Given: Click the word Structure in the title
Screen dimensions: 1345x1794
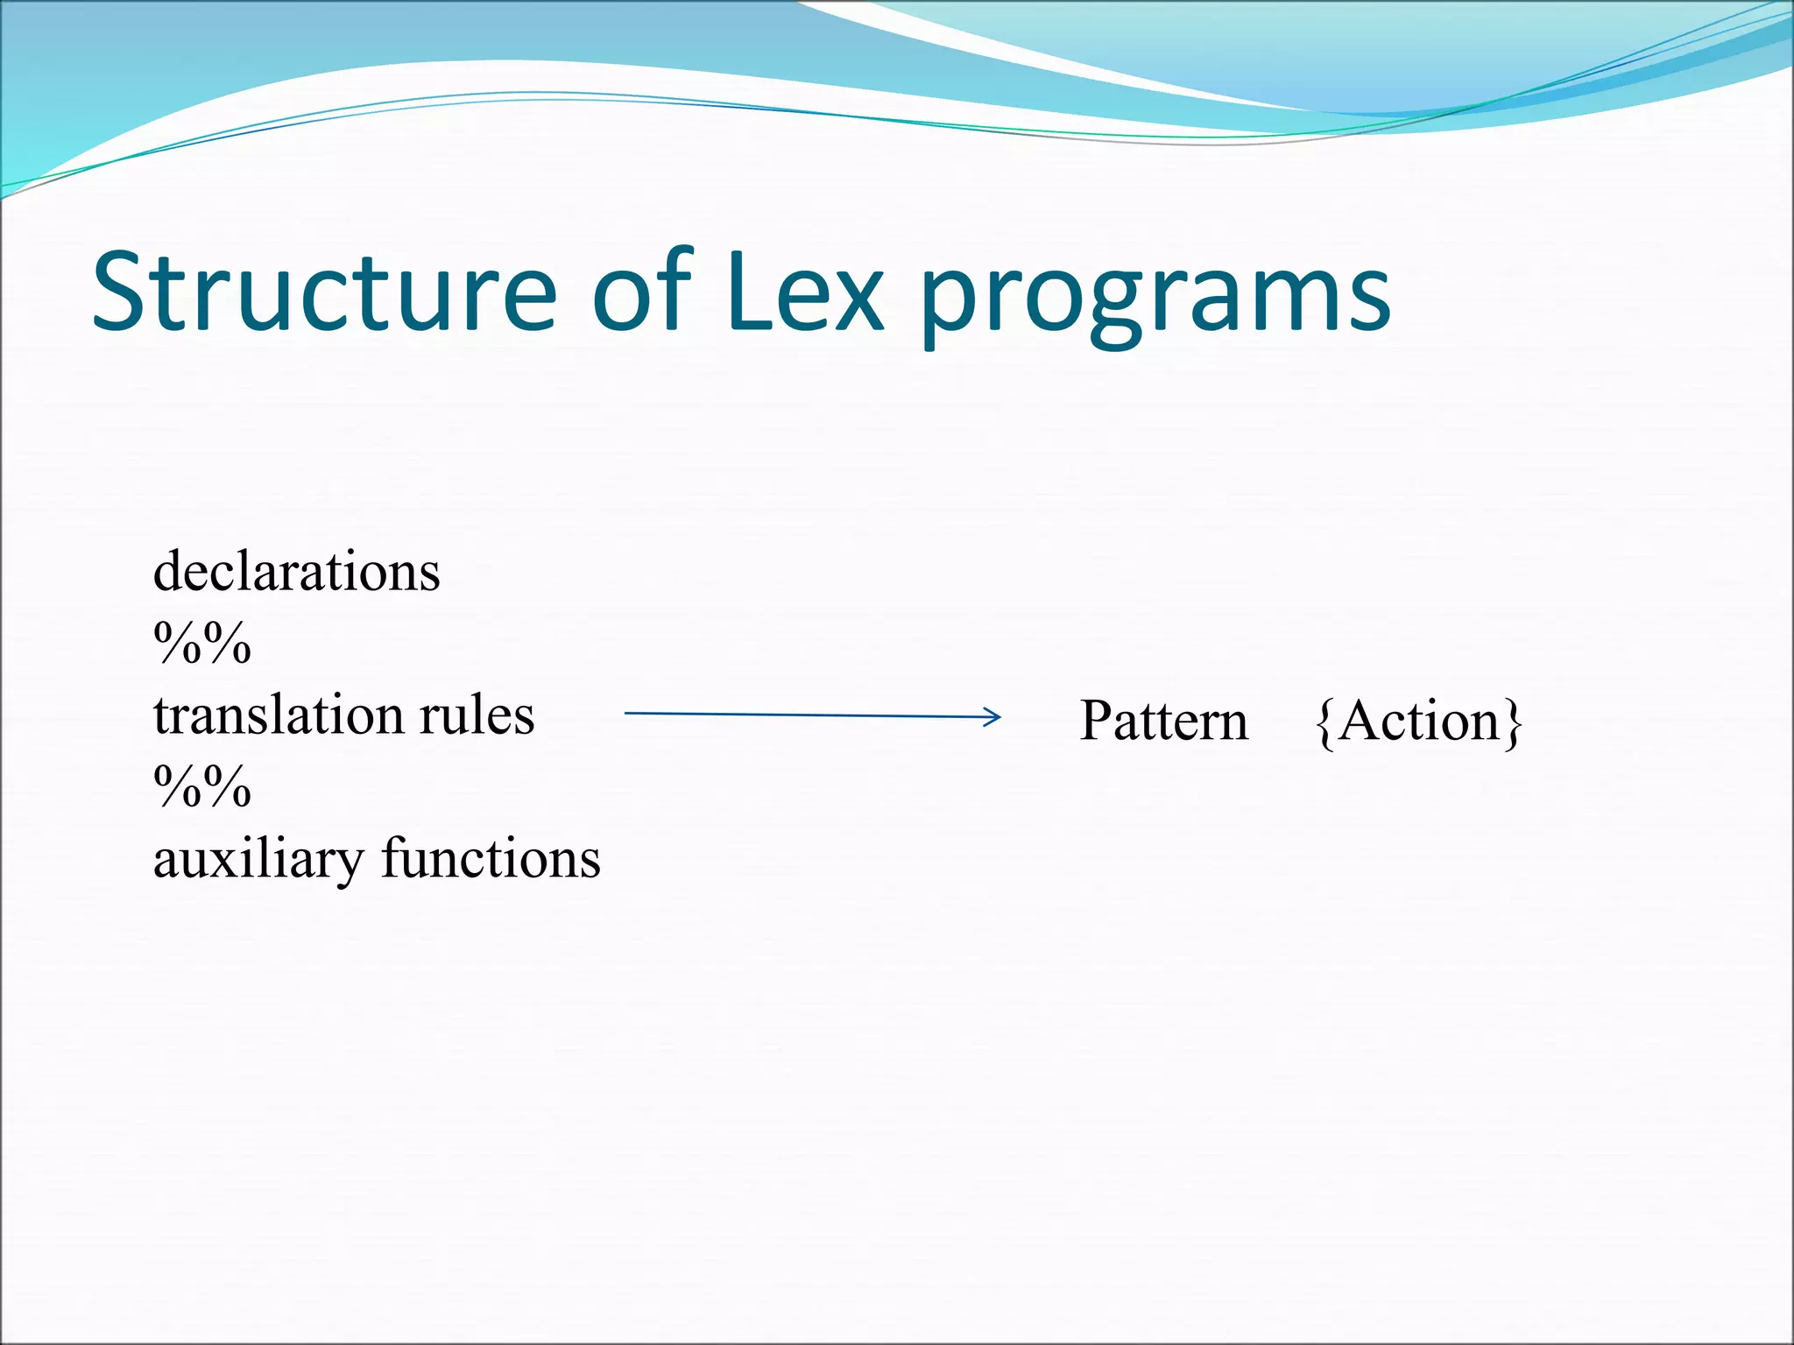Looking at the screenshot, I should coord(324,292).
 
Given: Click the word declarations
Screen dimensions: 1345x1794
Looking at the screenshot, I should coord(296,572).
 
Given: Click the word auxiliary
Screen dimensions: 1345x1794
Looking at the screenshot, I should coord(258,860).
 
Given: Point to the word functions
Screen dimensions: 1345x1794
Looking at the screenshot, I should coord(491,858).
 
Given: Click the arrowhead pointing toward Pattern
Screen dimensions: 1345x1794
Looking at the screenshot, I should coord(992,717).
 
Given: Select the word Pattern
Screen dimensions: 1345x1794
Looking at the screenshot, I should coord(1163,722).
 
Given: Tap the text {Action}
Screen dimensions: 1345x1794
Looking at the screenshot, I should coord(1419,722).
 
